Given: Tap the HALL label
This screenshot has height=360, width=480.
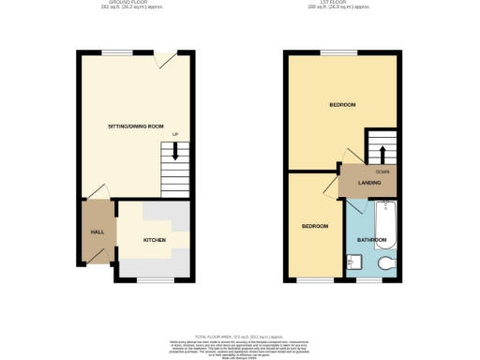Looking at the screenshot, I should [x=97, y=232].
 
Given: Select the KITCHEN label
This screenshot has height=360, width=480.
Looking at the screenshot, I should [x=155, y=240].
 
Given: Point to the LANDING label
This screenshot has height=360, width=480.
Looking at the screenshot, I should [x=369, y=182].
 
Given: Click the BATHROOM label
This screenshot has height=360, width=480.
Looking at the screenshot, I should [x=372, y=240].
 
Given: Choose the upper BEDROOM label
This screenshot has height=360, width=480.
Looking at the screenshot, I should [x=342, y=104].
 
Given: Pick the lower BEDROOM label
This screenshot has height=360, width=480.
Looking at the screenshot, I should [x=314, y=227].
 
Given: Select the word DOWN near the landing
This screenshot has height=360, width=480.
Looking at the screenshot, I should [x=382, y=171].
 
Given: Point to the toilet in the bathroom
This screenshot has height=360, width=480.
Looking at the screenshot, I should [x=352, y=263].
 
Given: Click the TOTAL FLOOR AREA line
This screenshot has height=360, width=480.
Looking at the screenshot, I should [x=239, y=335].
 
